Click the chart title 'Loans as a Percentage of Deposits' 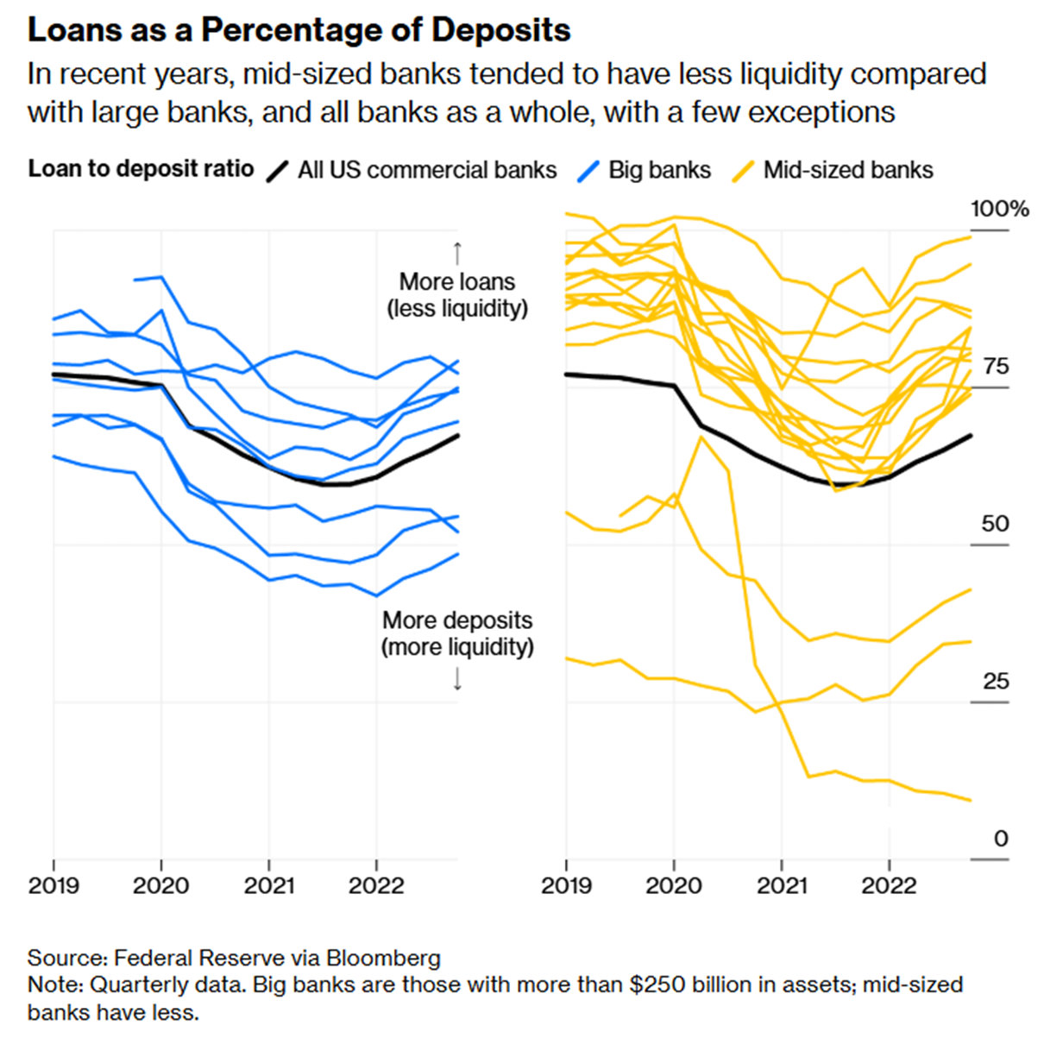pos(299,30)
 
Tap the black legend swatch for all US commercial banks pos(277,170)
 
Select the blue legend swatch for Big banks pos(588,170)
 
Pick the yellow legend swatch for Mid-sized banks pos(743,170)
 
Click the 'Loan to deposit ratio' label pos(141,168)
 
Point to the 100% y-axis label pos(999,209)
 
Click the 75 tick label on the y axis pos(995,367)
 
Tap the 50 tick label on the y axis pos(995,524)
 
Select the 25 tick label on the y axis pos(995,682)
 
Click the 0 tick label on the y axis pos(1000,839)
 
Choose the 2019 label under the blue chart pos(53,886)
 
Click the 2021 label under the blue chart pos(268,886)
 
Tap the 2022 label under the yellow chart pos(889,886)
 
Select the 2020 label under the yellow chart pos(674,886)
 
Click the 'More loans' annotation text pos(456,282)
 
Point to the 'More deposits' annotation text pos(457,620)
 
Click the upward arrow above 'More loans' pos(457,252)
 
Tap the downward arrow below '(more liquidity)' pos(457,679)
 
